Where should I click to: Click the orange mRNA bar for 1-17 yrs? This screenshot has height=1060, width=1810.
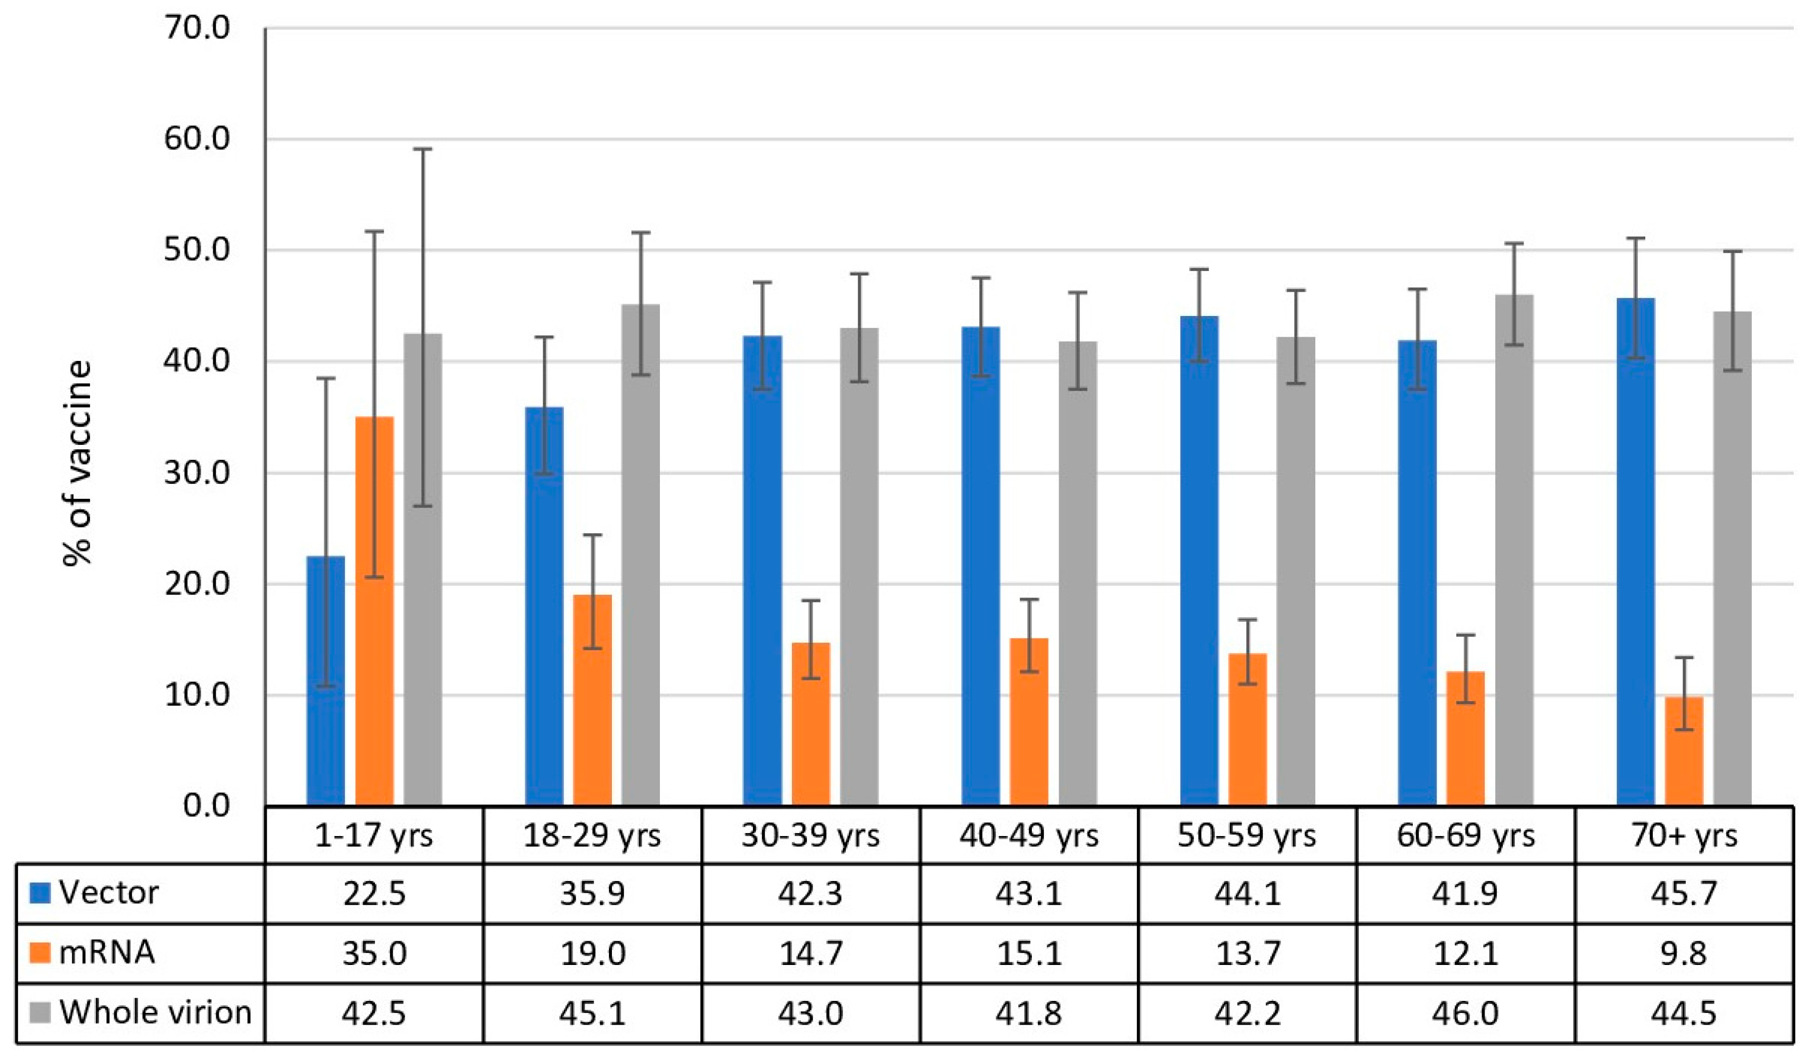[x=374, y=611]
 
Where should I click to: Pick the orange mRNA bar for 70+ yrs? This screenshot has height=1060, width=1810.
[x=1684, y=751]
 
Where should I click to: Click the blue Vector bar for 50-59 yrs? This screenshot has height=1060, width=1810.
[x=1199, y=561]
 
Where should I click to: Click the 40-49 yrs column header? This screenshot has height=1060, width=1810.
[x=1028, y=836]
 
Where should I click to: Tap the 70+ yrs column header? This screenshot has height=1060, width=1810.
[x=1684, y=836]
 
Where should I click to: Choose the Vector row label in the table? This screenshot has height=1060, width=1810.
[x=109, y=893]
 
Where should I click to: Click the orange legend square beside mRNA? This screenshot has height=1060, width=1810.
[x=40, y=953]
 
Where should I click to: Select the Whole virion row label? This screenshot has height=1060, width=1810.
[x=155, y=1012]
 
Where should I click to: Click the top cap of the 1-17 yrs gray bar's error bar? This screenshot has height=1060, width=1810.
[x=422, y=149]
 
